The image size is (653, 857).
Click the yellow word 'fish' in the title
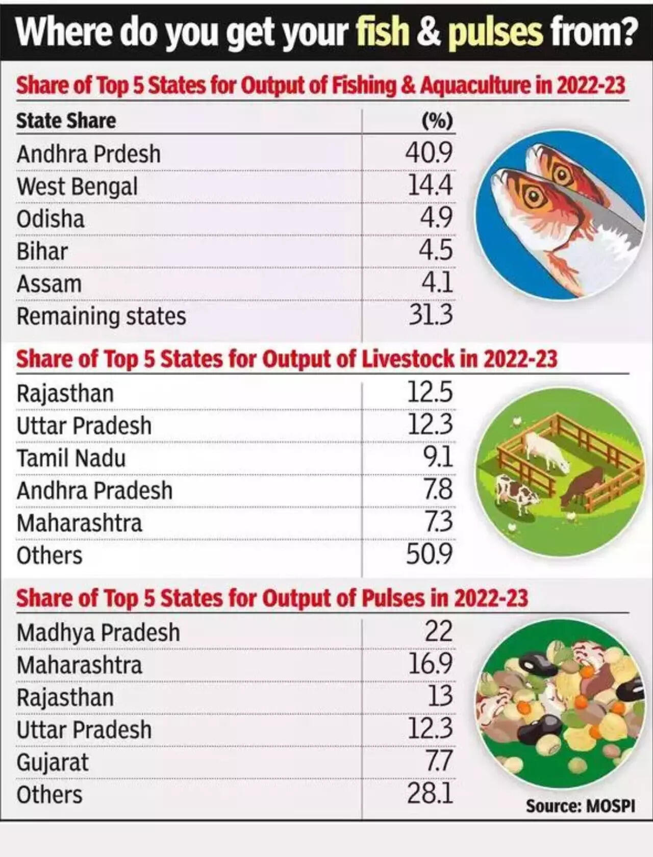point(383,32)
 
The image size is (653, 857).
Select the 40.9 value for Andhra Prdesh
point(429,153)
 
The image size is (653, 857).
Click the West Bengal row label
point(77,186)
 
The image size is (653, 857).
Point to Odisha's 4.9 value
point(436,218)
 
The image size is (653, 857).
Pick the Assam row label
point(49,284)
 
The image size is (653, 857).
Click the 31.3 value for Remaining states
point(431,315)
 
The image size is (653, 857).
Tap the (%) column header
point(437,121)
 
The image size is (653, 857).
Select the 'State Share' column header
point(66,121)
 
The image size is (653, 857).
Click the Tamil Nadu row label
point(71,458)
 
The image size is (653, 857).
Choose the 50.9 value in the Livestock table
point(429,554)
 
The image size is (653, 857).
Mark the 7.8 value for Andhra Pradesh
point(437,489)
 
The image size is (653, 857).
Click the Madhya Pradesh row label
point(98,633)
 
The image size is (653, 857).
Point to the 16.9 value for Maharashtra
point(430,664)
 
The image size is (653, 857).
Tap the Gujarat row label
point(53,763)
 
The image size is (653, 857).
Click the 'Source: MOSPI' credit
point(580,806)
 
